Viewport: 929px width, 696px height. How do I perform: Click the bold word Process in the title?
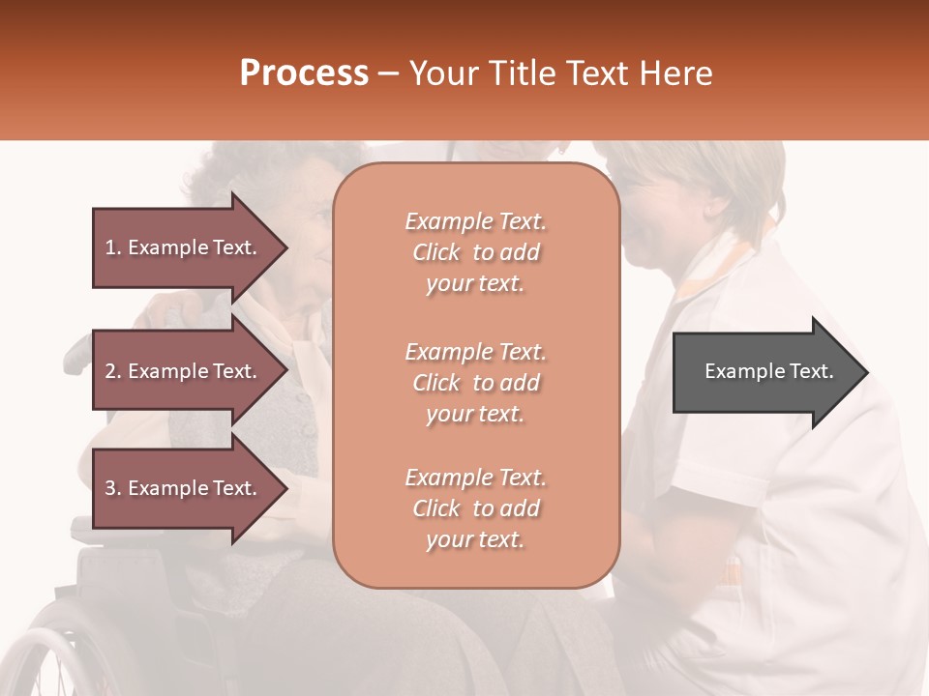coord(304,72)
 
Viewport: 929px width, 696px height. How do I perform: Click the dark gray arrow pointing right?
coord(769,371)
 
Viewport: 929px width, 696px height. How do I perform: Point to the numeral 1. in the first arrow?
coord(113,247)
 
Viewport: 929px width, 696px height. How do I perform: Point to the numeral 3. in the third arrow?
coord(113,488)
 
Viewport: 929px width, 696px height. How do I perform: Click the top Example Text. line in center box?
coord(475,221)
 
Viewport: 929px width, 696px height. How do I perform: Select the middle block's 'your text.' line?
coord(475,414)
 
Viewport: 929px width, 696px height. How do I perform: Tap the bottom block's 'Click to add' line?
coord(475,508)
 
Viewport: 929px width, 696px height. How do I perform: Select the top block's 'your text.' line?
coord(475,283)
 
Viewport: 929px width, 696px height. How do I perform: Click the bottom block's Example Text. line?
coord(475,478)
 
